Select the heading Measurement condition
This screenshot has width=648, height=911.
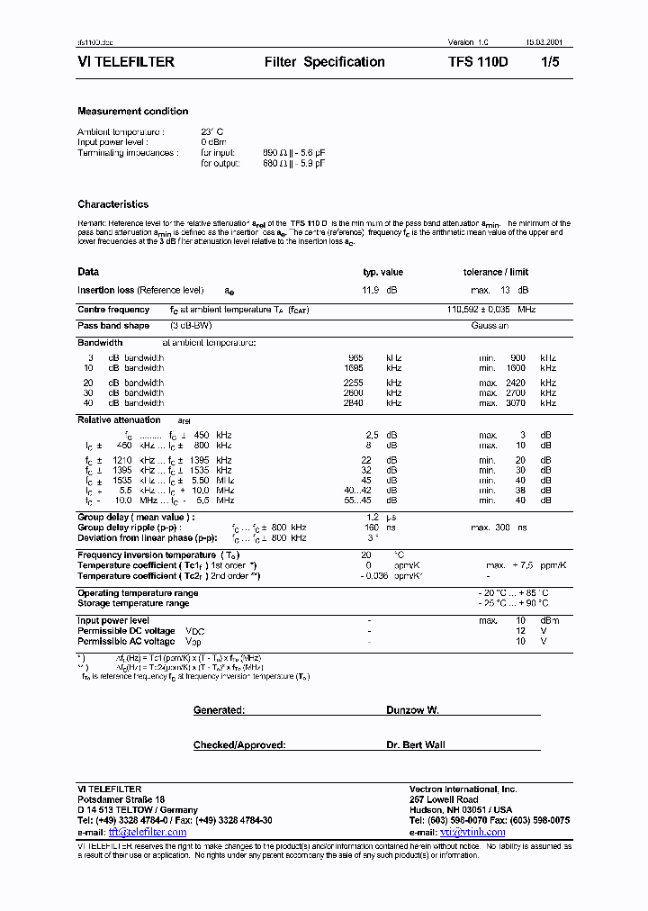(133, 112)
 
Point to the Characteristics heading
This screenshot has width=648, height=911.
(113, 204)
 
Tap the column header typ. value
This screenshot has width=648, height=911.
(382, 272)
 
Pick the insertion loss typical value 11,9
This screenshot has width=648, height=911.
(370, 291)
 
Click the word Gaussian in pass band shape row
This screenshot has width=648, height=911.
(490, 326)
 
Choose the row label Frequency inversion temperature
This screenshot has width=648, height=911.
(147, 555)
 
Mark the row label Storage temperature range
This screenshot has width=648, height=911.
(133, 604)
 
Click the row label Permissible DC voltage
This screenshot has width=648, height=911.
(126, 631)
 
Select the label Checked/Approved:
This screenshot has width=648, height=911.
(239, 745)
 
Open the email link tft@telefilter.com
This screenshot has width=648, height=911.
(148, 832)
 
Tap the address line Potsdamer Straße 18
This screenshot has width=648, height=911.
(121, 799)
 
